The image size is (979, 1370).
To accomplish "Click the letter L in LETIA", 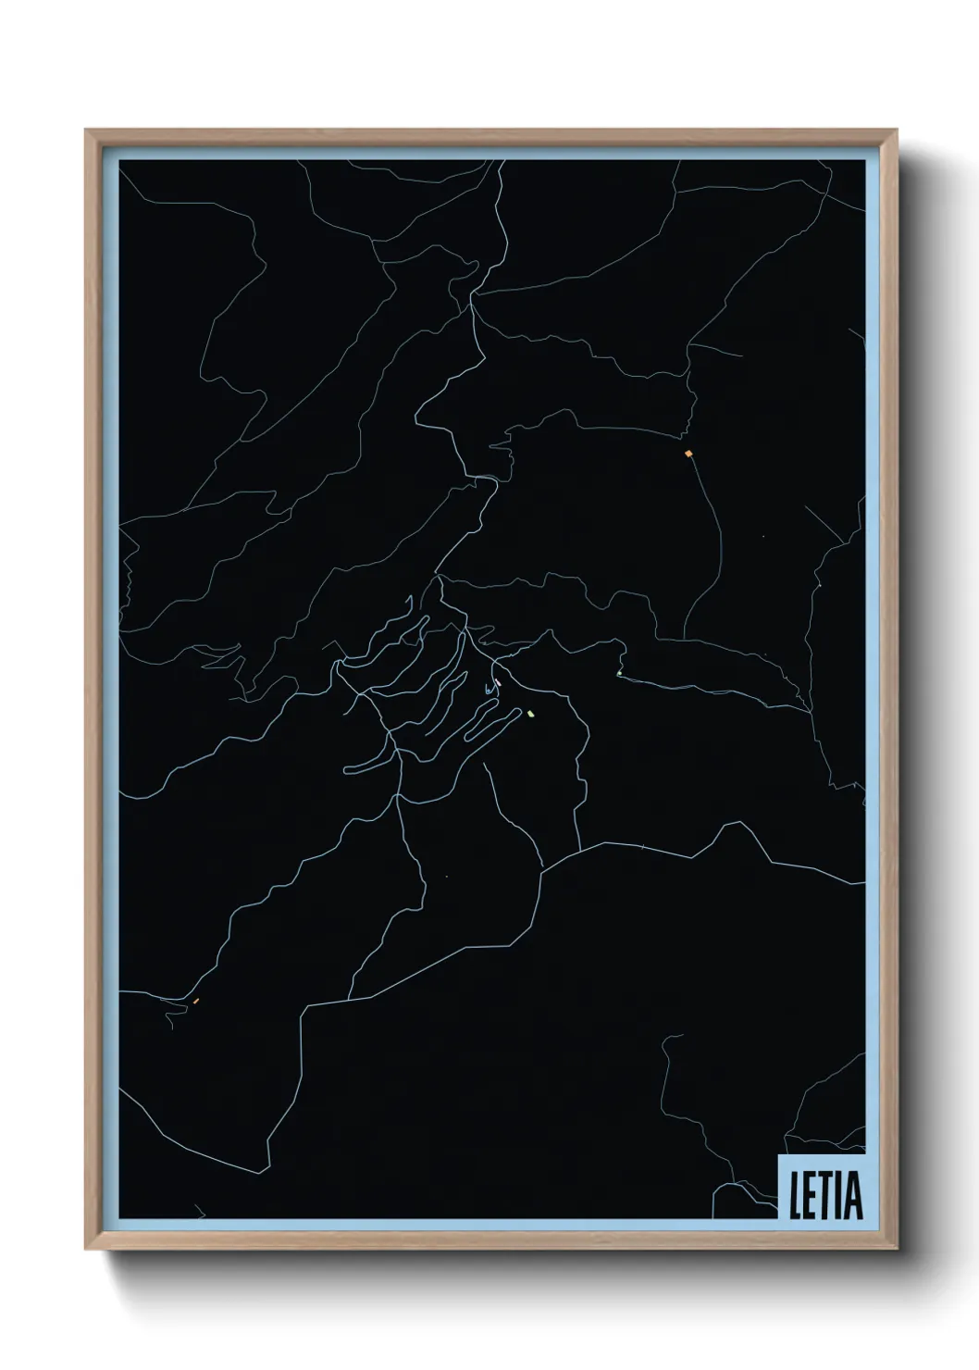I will (x=794, y=1197).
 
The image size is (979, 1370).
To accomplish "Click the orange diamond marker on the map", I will (x=688, y=454).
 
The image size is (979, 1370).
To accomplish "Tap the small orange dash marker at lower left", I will (x=196, y=1001).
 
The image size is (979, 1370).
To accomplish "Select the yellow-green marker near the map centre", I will (x=530, y=713).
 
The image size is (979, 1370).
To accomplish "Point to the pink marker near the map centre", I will (x=498, y=682).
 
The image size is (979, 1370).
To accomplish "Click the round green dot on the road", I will (x=618, y=673).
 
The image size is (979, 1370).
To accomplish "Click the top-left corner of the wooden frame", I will (x=87, y=131).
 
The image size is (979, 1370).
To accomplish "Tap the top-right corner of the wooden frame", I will (x=897, y=131).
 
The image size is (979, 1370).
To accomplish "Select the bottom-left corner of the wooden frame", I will (x=87, y=1250).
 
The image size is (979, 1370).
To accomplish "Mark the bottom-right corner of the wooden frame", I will (x=897, y=1250).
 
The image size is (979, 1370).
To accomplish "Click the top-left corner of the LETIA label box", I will (x=779, y=1154).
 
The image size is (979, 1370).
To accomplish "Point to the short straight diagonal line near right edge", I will (x=824, y=525).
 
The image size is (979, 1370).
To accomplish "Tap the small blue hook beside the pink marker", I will (x=488, y=690).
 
